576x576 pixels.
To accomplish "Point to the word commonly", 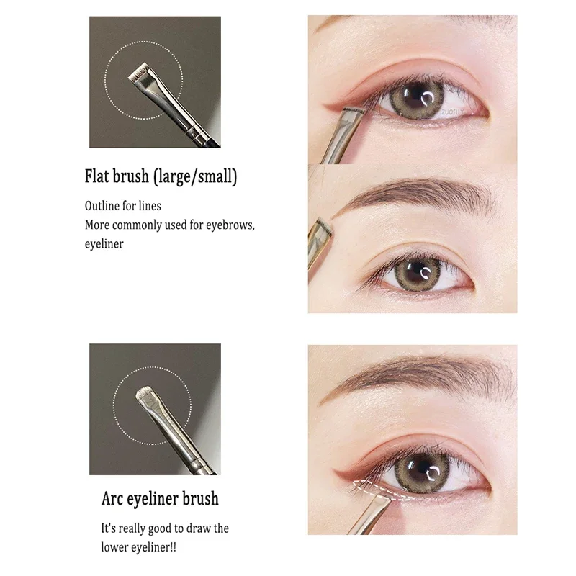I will tap(136, 225).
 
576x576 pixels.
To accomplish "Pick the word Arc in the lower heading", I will tap(113, 498).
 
